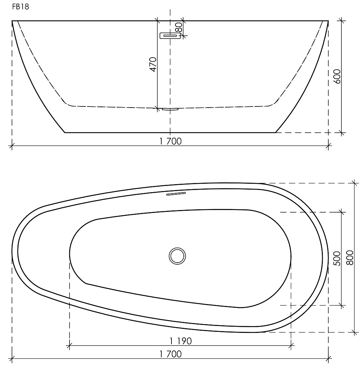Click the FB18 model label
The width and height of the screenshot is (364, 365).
click(x=21, y=7)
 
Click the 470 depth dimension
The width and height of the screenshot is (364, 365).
click(x=153, y=65)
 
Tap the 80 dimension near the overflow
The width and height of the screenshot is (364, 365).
click(x=179, y=27)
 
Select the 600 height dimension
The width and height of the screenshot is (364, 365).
click(x=337, y=76)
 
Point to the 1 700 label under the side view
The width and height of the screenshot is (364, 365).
click(x=170, y=141)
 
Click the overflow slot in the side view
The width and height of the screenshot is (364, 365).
click(x=170, y=36)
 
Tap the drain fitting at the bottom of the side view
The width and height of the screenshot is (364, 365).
click(x=170, y=109)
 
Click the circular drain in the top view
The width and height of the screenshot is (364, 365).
click(x=177, y=256)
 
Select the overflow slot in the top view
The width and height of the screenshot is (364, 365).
click(x=176, y=194)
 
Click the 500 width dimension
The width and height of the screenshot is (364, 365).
click(x=337, y=259)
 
